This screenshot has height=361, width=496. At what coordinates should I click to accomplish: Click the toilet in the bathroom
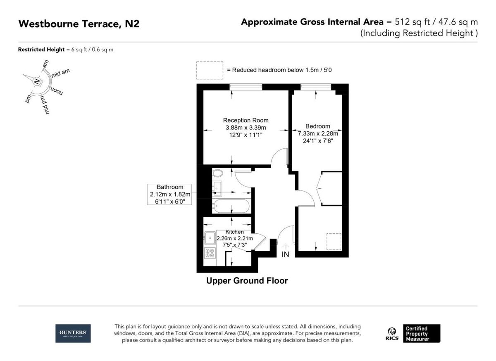pos(218,173)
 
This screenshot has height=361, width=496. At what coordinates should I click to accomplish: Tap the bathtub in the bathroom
pos(231,206)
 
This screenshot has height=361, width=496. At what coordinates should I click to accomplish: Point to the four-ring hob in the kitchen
pos(210,254)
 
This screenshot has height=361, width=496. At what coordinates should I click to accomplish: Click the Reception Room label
pos(246,120)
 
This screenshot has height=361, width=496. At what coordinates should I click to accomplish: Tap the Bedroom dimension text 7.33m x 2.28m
pos(318,133)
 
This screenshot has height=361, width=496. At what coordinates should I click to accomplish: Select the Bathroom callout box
pos(169,194)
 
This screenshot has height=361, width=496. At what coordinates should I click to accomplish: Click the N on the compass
pos(37,81)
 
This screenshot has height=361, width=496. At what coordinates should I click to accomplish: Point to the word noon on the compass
pos(57,91)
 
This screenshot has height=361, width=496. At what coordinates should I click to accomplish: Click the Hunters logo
pos(73,333)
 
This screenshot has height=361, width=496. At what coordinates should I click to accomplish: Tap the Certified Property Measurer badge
pos(422,333)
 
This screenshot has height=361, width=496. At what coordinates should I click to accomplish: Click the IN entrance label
pos(285,254)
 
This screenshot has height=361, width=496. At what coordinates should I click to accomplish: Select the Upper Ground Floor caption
pos(247,280)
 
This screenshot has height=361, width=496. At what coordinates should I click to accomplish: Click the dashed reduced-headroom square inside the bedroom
pos(334,242)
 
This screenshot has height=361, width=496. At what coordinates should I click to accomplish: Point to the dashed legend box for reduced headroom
pos(210,70)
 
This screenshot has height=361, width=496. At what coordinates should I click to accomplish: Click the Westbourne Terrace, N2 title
pos(79,24)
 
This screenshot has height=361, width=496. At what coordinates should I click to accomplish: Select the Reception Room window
pos(246,87)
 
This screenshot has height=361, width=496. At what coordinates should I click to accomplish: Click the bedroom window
pos(316,87)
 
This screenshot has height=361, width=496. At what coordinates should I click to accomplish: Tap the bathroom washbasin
pos(217,188)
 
